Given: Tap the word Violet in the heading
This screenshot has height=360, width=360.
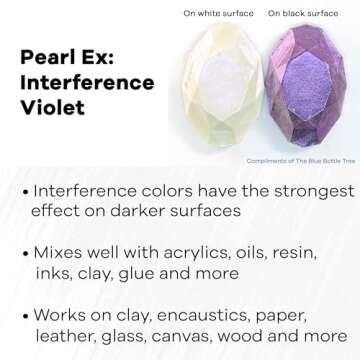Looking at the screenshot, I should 49,109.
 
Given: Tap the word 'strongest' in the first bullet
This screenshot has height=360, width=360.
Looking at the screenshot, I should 297,190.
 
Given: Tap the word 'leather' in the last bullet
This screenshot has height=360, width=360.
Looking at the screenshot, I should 65,335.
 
